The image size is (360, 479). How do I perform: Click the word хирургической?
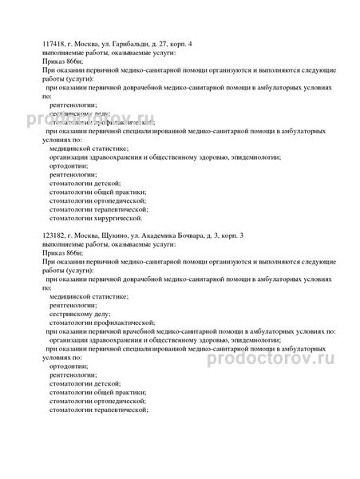[119, 217]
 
